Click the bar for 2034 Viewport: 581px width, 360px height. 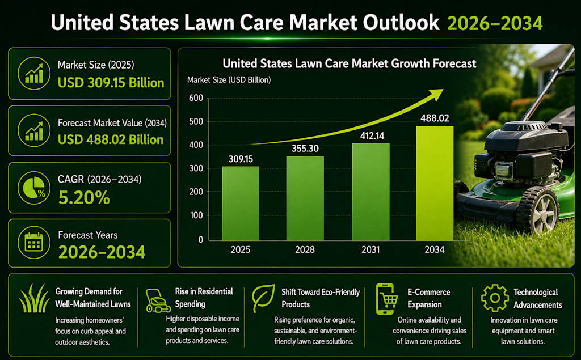pos(435,183)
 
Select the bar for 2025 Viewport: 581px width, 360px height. pos(241,204)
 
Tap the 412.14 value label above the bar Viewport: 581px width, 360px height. pos(372,136)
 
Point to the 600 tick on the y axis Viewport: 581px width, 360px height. pos(196,98)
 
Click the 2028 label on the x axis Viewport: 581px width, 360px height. pos(305,249)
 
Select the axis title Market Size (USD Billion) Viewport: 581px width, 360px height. pos(229,80)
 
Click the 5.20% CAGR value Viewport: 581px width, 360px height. pos(84,198)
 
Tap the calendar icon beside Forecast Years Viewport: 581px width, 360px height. pos(34,243)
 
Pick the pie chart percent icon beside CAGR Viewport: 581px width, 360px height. pos(34,188)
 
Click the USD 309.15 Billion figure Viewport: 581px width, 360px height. pos(111,83)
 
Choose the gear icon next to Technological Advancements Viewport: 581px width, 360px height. pos(495,298)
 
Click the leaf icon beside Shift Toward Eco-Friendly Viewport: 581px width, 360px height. pos(263,298)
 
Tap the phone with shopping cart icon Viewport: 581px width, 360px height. pos(386,299)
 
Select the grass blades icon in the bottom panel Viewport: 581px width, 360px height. pos(34,298)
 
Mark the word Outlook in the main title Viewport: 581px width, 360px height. pos(401,23)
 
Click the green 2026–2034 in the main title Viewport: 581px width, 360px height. pos(495,23)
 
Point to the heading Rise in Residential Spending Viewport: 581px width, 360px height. pos(204,298)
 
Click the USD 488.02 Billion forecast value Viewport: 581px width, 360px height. pos(111,140)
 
